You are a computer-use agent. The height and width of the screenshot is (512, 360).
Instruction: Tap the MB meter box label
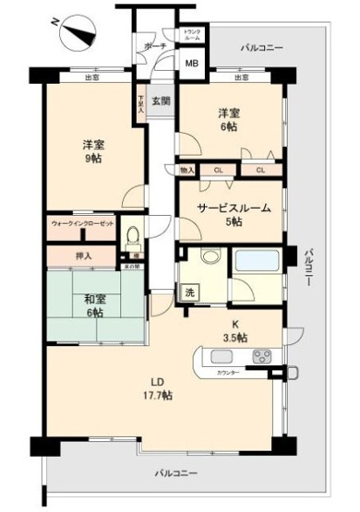coord(192,64)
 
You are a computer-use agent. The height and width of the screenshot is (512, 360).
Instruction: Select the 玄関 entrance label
coord(161,101)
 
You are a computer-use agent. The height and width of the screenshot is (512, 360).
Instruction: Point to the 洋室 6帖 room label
coord(230,119)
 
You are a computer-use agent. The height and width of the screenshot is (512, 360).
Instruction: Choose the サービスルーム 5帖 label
coord(234,214)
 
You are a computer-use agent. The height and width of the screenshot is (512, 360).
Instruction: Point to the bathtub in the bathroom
coord(262,261)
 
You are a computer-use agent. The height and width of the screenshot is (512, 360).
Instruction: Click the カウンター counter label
coord(230,373)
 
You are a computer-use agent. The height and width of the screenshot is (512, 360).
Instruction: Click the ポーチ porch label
coord(154,45)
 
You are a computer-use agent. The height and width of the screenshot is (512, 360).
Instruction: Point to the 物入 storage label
coord(187,171)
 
